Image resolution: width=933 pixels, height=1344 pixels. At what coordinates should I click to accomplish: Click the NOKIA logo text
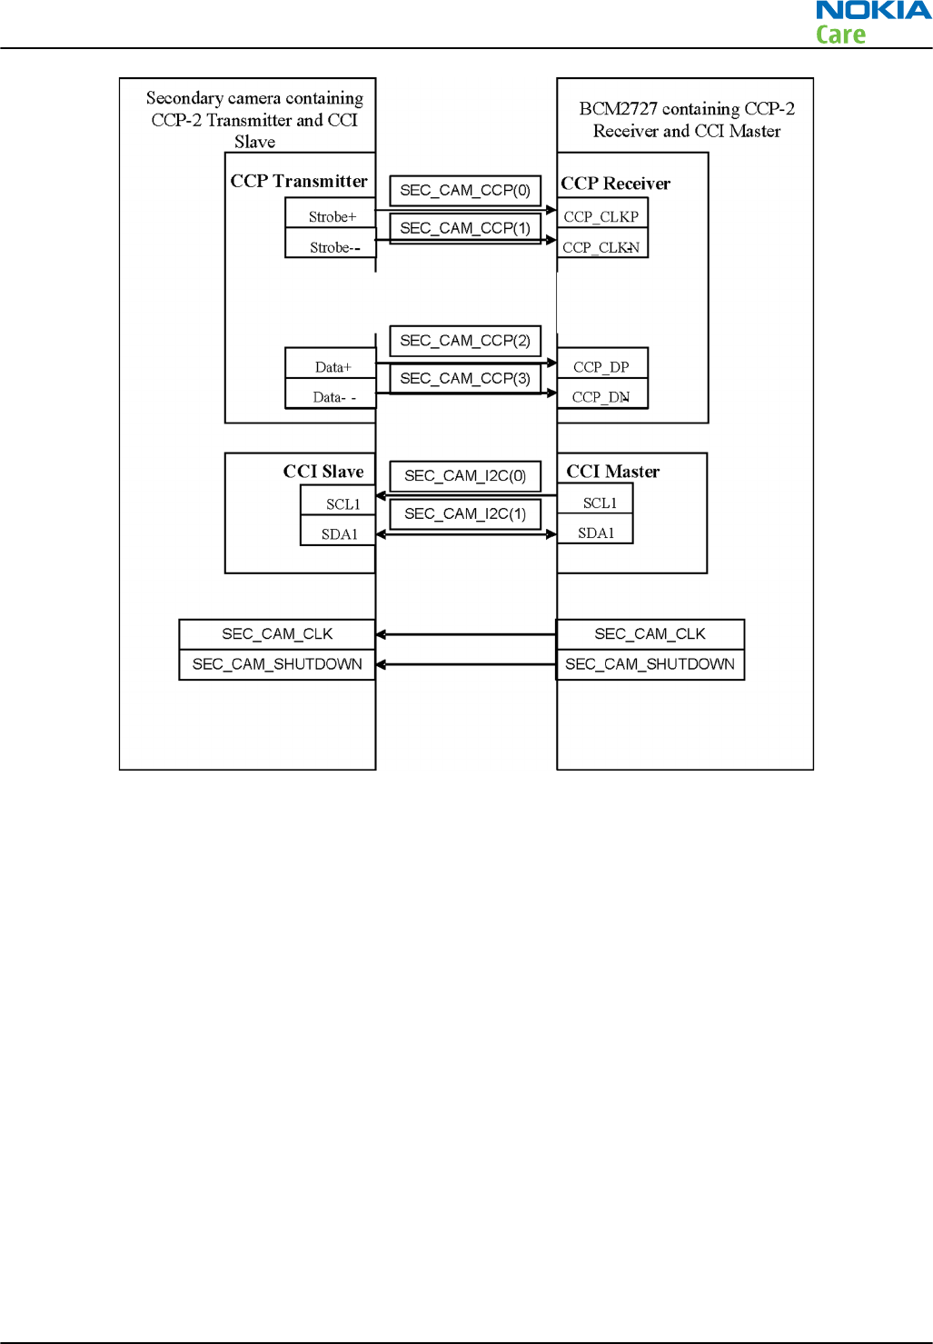coord(873,11)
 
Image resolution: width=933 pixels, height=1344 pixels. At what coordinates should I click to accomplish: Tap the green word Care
coord(840,35)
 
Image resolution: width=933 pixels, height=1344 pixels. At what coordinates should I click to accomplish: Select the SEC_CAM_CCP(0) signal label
coord(465,191)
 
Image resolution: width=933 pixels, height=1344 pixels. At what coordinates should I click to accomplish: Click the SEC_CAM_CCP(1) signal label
coord(465,228)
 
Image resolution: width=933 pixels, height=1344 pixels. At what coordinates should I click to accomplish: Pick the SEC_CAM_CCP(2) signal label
coord(465,341)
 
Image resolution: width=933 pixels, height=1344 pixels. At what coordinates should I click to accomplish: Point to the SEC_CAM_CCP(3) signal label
coord(465,378)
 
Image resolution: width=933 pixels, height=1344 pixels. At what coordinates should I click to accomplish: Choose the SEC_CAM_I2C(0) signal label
coord(465,476)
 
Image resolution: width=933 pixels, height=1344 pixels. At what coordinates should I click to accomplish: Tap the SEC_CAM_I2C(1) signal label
coord(465,514)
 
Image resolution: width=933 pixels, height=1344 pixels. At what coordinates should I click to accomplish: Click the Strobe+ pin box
coord(331,216)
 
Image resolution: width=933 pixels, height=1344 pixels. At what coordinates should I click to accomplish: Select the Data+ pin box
coord(332,367)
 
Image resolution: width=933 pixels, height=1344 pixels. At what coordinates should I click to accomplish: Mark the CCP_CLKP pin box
coord(601,216)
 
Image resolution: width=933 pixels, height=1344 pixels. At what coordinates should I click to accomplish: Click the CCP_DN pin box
coord(601,397)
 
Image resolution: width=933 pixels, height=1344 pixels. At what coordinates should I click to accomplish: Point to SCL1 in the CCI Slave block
coord(342,504)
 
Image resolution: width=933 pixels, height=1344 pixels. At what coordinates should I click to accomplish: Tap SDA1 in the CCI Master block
coord(596,533)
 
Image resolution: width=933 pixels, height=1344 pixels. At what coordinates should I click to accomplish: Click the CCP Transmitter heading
coord(299,181)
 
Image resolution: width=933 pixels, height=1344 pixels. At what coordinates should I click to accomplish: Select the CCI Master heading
coord(613,472)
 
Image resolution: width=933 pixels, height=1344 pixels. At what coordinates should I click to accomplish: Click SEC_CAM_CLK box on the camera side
coord(277,634)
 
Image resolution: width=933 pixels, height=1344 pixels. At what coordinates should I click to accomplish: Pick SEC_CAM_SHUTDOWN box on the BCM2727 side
coord(650,664)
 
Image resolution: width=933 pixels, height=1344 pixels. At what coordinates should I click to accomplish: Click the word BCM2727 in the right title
coord(618,109)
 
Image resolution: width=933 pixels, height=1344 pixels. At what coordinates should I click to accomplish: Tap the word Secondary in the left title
coord(184,98)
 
